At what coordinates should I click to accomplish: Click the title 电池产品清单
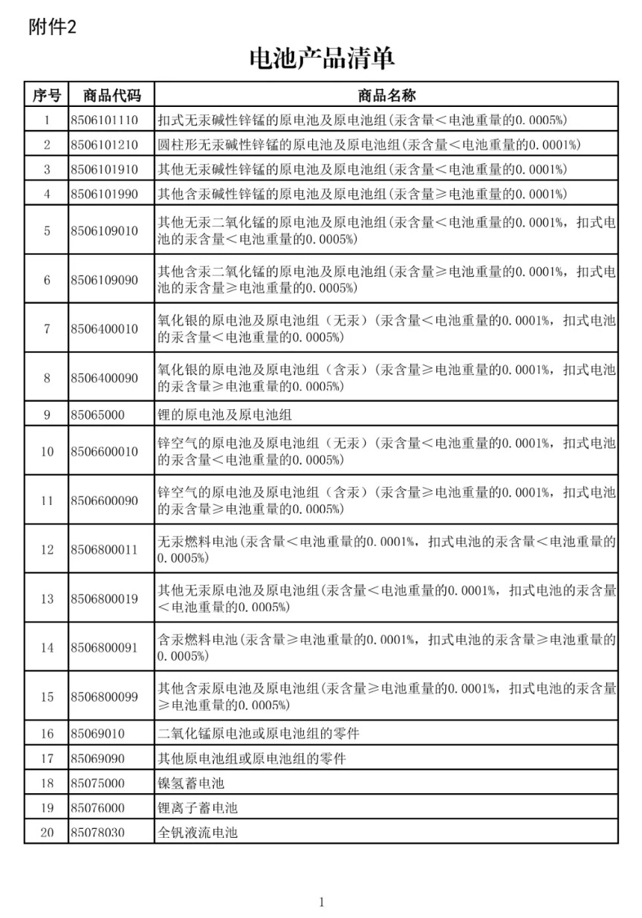point(321,58)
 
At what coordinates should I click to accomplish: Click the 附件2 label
point(52,27)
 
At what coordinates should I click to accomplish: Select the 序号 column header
point(47,95)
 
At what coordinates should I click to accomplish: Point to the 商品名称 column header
point(386,95)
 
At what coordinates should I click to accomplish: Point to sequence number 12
point(47,550)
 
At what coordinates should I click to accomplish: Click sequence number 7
point(47,329)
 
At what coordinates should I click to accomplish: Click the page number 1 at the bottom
point(321,902)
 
